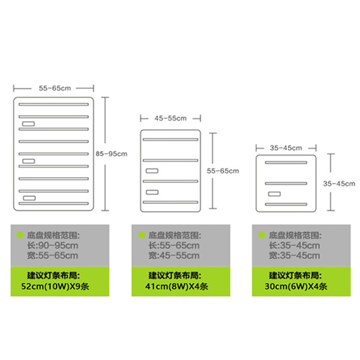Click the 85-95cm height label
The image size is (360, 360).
(112, 153)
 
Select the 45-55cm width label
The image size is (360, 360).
(170, 118)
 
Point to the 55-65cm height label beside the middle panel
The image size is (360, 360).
(223, 171)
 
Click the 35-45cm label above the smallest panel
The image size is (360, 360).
(286, 148)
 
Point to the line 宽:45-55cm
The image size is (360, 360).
(174, 256)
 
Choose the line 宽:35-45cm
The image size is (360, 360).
(294, 256)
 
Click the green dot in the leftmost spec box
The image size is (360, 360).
(19, 235)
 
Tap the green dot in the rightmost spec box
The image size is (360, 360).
(261, 235)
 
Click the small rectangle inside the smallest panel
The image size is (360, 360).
(274, 194)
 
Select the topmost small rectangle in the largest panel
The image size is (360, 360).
(29, 124)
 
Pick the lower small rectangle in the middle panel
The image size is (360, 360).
(152, 192)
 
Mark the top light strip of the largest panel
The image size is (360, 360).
(53, 105)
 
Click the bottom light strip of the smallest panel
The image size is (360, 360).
(286, 204)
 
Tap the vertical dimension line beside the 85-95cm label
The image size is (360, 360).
(106, 153)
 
